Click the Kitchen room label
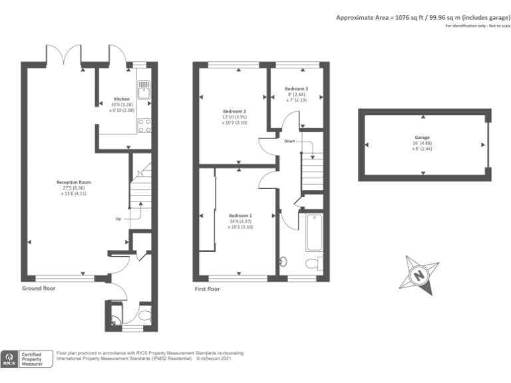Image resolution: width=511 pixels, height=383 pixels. (121, 98)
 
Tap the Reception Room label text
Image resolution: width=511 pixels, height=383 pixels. (73, 182)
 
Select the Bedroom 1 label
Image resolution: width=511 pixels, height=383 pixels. (240, 215)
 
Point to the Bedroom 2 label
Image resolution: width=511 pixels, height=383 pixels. (234, 111)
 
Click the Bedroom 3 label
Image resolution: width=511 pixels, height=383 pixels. (296, 88)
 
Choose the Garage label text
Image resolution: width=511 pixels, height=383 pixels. (422, 138)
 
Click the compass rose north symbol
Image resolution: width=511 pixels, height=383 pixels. (418, 273)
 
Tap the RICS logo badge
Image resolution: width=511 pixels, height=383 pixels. (10, 359)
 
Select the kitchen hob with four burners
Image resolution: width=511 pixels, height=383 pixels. (144, 125)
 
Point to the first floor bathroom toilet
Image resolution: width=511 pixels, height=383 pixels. (313, 263)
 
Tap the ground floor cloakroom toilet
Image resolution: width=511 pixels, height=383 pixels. (144, 315)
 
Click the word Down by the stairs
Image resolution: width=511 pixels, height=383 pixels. (289, 142)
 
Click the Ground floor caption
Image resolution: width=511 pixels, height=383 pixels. (39, 289)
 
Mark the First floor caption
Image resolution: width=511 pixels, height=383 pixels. (206, 289)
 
